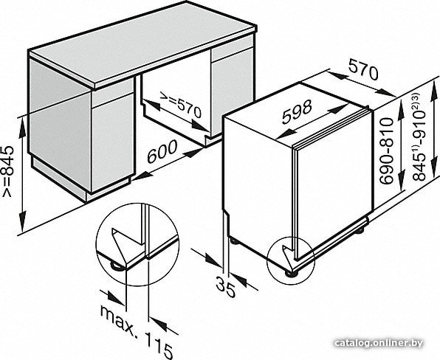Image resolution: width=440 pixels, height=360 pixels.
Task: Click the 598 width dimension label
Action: click(297, 112)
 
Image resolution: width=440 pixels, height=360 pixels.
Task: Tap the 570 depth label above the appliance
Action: click(363, 70)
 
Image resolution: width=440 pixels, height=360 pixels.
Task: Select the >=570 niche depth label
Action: click(181, 104)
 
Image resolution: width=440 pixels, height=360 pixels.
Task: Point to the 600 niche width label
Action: click(162, 151)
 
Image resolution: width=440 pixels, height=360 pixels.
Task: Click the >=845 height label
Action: click(7, 171)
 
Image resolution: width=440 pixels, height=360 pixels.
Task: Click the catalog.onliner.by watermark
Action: click(379, 343)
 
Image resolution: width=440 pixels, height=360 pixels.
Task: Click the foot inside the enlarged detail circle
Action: click(117, 266)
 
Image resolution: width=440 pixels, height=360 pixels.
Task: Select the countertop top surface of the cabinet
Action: click(143, 44)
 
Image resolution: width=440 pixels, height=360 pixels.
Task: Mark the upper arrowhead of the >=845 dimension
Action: click(22, 128)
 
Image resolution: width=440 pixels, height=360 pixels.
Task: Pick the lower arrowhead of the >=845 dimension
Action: click(22, 221)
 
